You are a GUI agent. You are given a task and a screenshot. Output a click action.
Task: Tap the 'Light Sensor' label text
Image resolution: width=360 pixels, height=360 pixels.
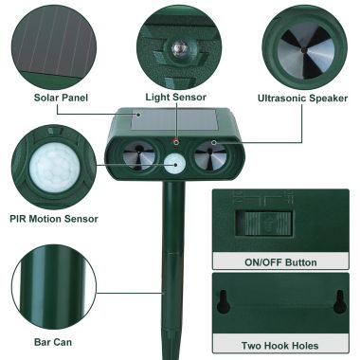click(x=177, y=98)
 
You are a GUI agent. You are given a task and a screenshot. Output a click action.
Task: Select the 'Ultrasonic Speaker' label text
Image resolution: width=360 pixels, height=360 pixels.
click(x=303, y=98)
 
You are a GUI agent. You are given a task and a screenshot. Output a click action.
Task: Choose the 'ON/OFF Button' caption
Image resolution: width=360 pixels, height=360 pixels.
click(x=280, y=262)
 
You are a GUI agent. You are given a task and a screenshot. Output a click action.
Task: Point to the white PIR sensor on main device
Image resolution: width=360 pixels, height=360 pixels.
click(x=175, y=164)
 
